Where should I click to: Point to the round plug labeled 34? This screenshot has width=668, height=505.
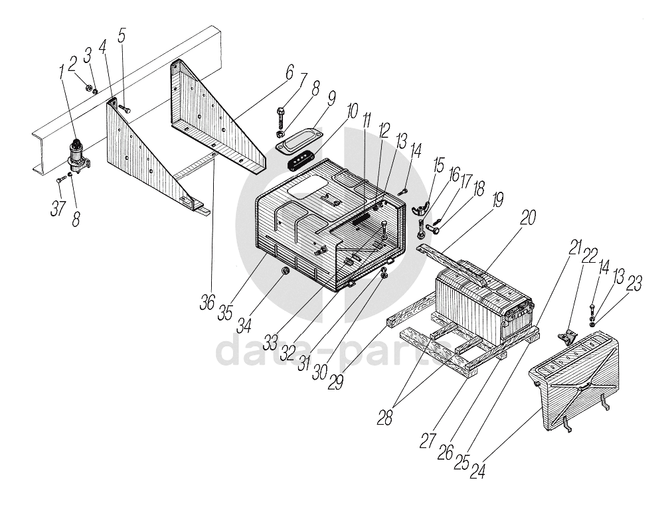[285, 271]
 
